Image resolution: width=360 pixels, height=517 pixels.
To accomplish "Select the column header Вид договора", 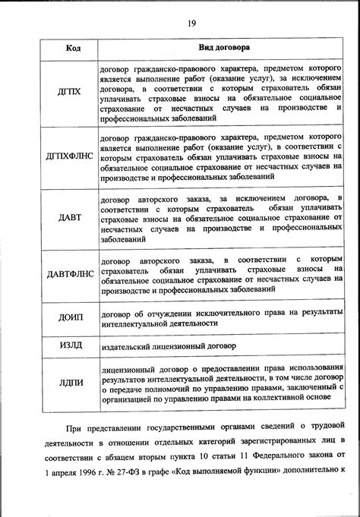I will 220,48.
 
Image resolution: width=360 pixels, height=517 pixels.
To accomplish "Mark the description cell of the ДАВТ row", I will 220,218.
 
